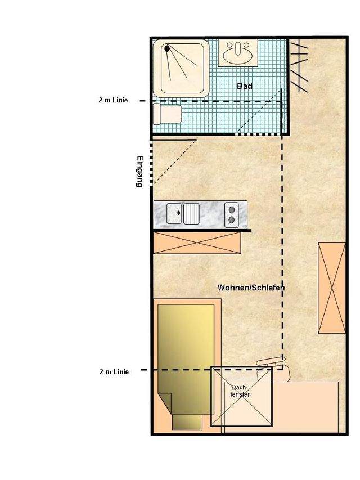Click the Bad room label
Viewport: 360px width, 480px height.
245,86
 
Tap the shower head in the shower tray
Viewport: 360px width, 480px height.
167,48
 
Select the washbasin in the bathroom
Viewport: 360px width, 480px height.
237,53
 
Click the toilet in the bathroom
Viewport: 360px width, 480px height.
167,114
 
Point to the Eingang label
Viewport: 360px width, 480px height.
140,172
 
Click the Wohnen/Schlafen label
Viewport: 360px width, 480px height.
251,288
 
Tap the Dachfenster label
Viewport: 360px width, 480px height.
240,391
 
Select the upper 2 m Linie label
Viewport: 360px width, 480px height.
113,100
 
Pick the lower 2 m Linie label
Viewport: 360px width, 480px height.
114,371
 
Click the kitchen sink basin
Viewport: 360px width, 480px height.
174,213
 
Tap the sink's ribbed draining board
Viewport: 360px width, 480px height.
191,213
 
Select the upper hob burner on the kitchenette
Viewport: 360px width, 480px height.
232,210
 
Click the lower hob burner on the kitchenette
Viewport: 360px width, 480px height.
232,220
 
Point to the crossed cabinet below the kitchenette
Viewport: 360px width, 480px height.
197,243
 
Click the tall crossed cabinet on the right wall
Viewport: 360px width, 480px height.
332,288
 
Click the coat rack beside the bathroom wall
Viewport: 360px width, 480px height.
299,66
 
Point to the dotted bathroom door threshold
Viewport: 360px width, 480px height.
258,134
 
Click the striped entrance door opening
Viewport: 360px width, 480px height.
151,163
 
